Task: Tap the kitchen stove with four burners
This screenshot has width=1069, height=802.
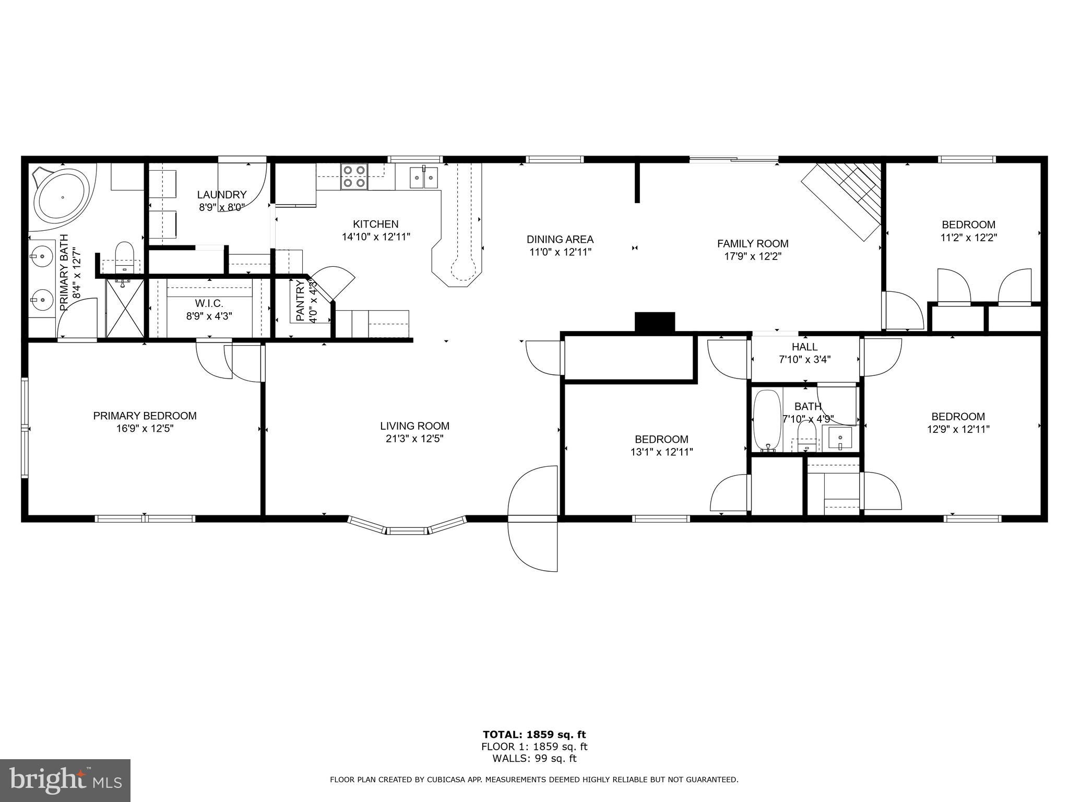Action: point(354,176)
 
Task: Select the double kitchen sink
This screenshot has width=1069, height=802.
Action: point(423,178)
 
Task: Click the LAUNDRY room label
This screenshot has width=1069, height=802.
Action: point(221,195)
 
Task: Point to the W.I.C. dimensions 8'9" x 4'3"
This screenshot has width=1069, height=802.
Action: point(209,316)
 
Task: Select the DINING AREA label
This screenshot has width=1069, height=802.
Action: point(560,240)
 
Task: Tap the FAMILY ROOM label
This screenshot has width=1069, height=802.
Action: point(752,243)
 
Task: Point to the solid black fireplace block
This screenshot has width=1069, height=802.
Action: point(655,322)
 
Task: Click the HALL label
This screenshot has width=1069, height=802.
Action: point(804,347)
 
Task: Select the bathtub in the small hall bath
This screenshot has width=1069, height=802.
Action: point(767,420)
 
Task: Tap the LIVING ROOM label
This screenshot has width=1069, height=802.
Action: point(414,426)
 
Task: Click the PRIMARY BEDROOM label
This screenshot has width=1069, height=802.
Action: point(145,416)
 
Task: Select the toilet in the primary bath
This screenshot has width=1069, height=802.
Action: point(124,253)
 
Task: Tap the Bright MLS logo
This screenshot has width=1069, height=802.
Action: point(65,780)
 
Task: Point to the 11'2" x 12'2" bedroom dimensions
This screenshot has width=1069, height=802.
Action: point(968,238)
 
